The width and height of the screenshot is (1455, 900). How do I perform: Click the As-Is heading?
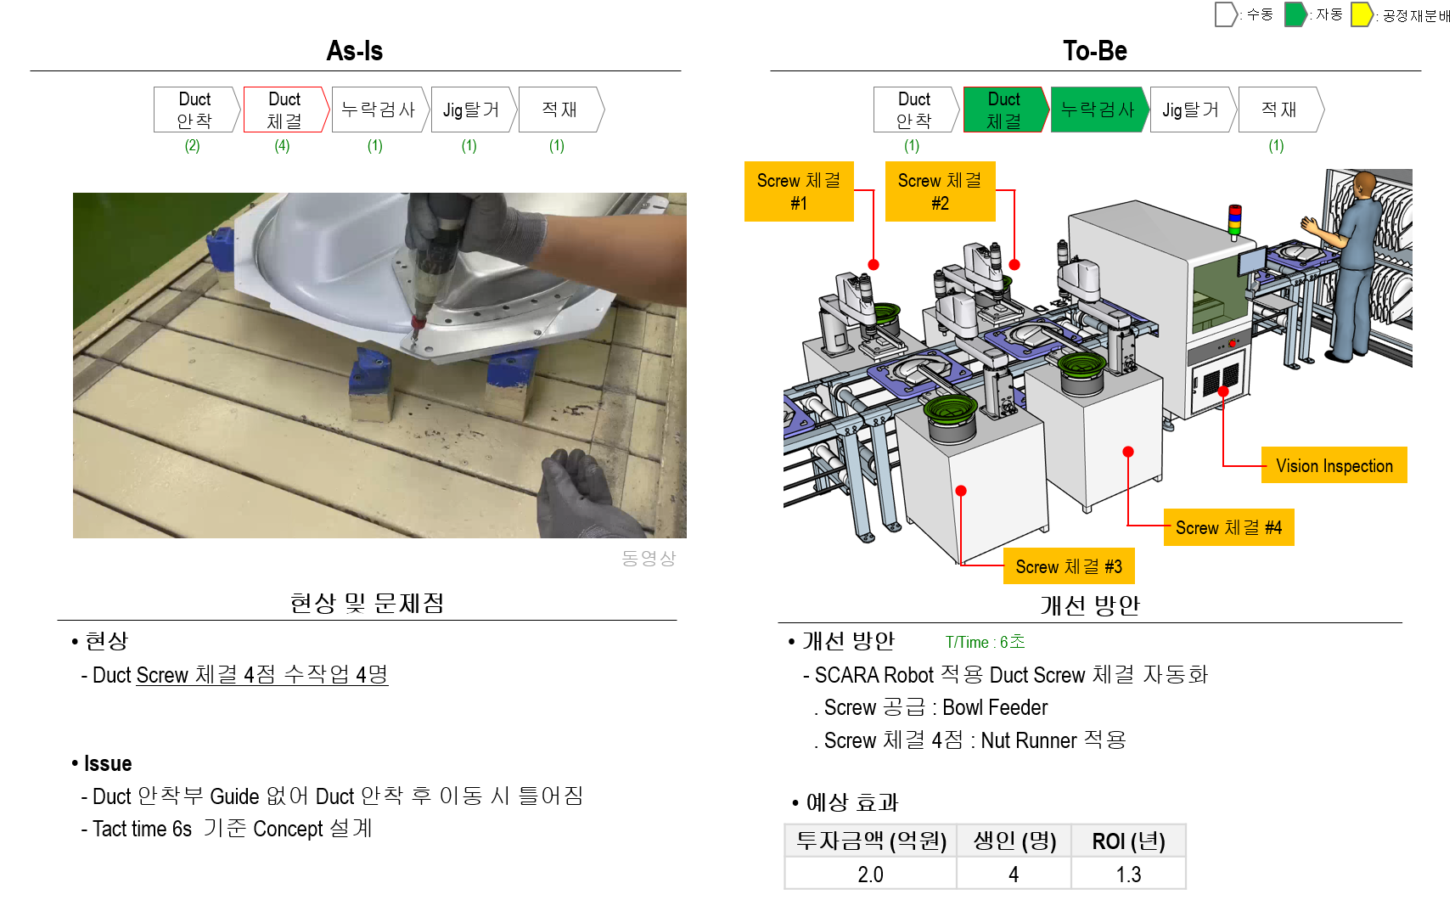(x=354, y=51)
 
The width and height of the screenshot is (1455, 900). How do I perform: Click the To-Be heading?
(x=1094, y=51)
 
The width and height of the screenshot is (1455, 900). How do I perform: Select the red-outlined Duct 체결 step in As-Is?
(x=284, y=110)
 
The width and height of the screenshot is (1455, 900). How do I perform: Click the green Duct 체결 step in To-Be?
(x=1004, y=110)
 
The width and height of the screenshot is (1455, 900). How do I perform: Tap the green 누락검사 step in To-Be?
(x=1098, y=110)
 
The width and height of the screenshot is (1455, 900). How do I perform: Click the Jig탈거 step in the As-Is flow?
(x=471, y=110)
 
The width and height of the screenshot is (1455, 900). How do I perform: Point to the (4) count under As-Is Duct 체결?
(x=282, y=146)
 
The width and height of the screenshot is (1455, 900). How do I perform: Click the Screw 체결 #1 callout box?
(x=799, y=192)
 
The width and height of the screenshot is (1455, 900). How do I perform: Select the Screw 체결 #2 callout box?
(x=940, y=192)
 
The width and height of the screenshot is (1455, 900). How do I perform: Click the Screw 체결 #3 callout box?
(x=1069, y=566)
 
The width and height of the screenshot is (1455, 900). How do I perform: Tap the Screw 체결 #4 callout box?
(x=1228, y=527)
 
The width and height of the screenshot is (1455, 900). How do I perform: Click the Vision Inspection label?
(x=1334, y=465)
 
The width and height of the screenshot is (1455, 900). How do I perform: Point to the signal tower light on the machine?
(x=1235, y=219)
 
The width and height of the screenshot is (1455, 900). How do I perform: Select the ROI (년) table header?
(x=1128, y=841)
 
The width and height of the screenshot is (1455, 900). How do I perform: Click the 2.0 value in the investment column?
(x=870, y=875)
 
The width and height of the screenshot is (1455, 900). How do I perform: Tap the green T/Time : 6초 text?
(x=985, y=642)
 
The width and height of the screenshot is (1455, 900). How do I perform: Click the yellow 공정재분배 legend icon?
(x=1362, y=14)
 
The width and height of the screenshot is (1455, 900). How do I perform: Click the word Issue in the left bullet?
(x=108, y=763)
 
